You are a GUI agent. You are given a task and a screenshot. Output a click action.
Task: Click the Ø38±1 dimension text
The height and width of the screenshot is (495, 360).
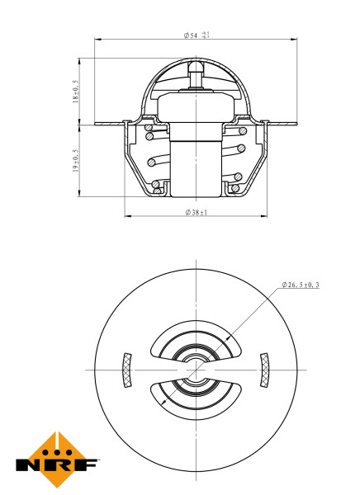pyautogui.click(x=196, y=212)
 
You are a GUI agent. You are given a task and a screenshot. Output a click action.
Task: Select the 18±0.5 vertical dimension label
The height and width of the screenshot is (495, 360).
pyautogui.click(x=75, y=91)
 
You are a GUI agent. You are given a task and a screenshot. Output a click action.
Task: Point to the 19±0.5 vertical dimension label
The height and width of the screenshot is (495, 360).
pyautogui.click(x=75, y=161)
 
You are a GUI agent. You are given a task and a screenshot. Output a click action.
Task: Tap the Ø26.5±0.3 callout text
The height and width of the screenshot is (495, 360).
pyautogui.click(x=301, y=285)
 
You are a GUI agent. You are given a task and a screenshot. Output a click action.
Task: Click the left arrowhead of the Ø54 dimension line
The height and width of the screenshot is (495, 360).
pyautogui.click(x=97, y=40)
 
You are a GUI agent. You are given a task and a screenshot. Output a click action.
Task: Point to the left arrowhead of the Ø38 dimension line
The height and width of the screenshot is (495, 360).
pyautogui.click(x=127, y=217)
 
